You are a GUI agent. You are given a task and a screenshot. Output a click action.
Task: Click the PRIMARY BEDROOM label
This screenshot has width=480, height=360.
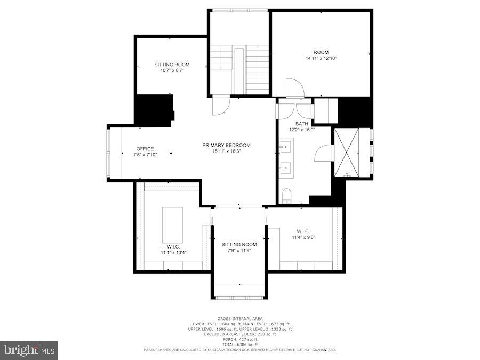[226, 145]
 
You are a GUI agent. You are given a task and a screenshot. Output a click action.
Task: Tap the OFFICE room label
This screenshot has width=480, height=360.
[145, 149]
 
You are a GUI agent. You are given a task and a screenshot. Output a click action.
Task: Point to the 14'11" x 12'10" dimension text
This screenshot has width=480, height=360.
[321, 58]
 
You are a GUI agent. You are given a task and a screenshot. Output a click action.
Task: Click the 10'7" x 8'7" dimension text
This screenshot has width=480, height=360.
[172, 70]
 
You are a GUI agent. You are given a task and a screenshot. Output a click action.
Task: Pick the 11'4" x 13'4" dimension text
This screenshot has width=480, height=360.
[173, 252]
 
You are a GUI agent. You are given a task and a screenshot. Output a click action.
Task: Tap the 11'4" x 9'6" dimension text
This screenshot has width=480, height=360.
[303, 237]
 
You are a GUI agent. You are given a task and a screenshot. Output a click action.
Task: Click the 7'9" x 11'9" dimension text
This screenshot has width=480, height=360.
[239, 250]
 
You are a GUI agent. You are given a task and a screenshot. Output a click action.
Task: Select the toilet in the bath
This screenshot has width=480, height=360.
[286, 196]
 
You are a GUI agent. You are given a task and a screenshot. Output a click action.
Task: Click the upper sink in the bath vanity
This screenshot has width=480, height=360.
[286, 146]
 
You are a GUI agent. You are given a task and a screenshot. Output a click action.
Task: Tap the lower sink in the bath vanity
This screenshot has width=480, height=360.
[286, 169]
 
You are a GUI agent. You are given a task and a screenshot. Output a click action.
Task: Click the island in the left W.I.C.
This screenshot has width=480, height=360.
[172, 225]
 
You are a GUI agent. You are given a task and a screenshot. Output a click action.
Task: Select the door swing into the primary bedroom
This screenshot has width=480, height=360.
[219, 105]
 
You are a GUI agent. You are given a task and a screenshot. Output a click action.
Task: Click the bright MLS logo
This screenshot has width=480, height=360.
[29, 350]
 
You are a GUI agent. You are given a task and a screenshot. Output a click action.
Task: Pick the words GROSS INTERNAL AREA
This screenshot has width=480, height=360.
[239, 318]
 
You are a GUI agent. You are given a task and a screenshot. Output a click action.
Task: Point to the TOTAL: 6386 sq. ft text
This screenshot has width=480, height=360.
[239, 344]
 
